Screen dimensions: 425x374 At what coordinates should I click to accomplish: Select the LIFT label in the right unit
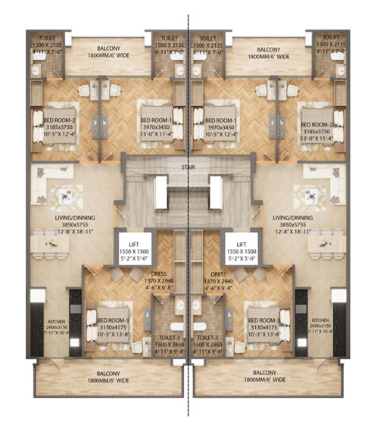coord(242,240)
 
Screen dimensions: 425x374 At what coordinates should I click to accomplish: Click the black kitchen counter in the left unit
coord(75,318)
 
